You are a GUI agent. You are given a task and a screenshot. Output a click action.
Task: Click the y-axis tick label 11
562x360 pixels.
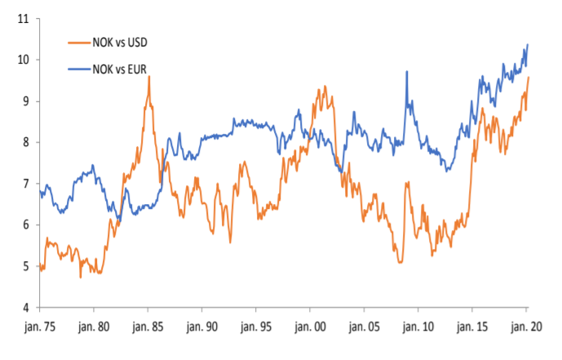pyautogui.click(x=24, y=18)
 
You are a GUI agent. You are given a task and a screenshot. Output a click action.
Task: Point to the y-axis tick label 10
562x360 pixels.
pyautogui.click(x=24, y=60)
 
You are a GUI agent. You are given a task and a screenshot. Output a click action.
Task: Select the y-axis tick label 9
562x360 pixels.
pyautogui.click(x=26, y=101)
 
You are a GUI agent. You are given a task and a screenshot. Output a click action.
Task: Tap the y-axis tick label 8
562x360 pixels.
pyautogui.click(x=26, y=142)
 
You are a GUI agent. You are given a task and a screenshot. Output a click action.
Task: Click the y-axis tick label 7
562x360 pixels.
pyautogui.click(x=26, y=184)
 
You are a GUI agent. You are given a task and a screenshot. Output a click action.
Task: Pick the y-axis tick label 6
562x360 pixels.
pyautogui.click(x=26, y=225)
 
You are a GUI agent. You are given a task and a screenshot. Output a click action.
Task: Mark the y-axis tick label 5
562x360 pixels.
pyautogui.click(x=26, y=267)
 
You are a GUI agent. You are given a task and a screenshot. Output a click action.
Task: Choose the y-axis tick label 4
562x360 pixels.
pyautogui.click(x=26, y=308)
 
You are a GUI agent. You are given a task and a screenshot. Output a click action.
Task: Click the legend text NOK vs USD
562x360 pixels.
pyautogui.click(x=122, y=42)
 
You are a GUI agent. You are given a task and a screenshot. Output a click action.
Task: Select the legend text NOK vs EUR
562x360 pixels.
pyautogui.click(x=122, y=71)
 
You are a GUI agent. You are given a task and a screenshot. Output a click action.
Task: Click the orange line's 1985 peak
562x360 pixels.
pyautogui.click(x=149, y=77)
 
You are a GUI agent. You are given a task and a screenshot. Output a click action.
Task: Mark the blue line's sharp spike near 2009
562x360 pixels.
pyautogui.click(x=406, y=72)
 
